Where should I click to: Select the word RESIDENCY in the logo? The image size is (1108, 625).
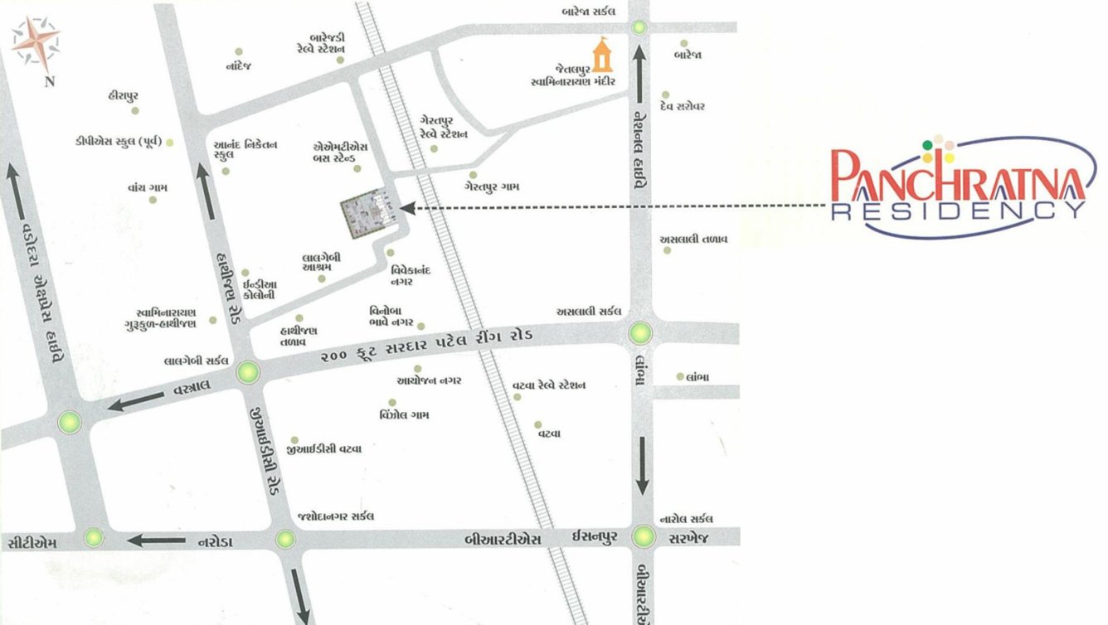tap(958, 211)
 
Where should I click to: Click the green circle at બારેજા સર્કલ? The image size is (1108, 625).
tap(639, 27)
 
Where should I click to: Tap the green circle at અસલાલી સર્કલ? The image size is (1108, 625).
tap(640, 333)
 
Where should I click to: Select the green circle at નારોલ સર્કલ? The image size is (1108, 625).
tap(644, 536)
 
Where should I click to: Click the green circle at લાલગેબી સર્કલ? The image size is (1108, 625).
tap(248, 373)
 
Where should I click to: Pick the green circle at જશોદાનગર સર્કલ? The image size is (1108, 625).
tap(285, 540)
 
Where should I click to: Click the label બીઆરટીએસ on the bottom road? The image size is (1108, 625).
tap(498, 540)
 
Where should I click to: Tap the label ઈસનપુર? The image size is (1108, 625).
tap(593, 540)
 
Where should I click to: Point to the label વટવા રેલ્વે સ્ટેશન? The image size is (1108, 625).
tap(550, 385)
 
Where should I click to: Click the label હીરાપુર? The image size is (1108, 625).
tap(126, 96)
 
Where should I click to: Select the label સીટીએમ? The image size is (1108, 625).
tap(32, 544)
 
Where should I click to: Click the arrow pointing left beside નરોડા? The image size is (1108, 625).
tap(156, 541)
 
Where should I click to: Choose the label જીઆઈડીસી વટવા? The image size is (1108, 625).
tap(329, 448)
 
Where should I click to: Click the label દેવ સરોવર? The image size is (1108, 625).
tap(683, 107)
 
